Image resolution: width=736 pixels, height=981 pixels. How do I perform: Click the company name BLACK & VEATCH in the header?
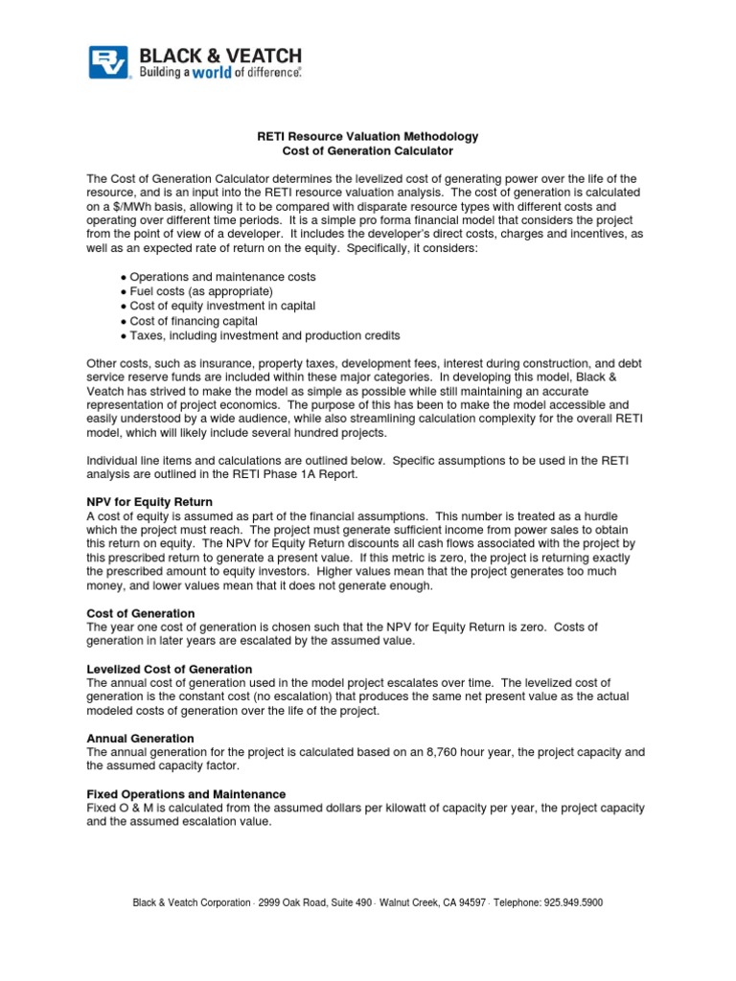(220, 56)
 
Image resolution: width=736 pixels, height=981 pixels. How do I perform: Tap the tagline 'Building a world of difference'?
(220, 73)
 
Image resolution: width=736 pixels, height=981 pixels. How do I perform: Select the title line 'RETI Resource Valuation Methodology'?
(368, 137)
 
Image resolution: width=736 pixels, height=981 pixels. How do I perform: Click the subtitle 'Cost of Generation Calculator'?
(368, 151)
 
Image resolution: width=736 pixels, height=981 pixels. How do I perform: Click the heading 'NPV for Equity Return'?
(149, 501)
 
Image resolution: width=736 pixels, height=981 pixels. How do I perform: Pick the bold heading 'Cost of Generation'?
(141, 613)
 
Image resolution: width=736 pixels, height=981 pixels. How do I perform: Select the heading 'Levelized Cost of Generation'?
(170, 669)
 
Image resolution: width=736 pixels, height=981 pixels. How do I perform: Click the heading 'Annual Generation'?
(140, 739)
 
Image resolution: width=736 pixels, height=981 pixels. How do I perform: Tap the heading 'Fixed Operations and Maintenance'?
(186, 794)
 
